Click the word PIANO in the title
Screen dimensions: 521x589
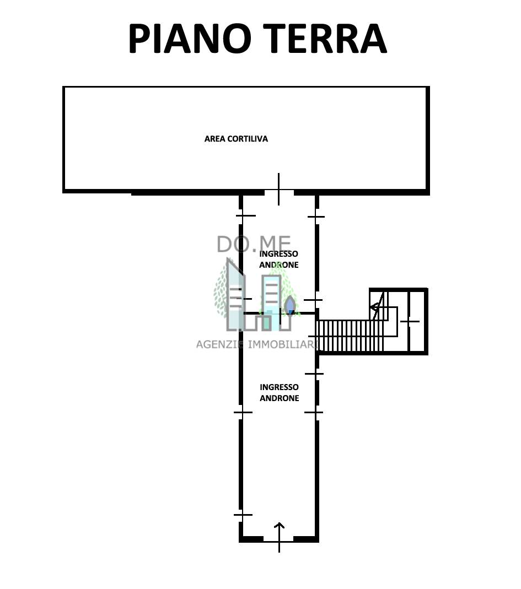pyautogui.click(x=190, y=38)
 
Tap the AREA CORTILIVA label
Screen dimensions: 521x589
pyautogui.click(x=236, y=139)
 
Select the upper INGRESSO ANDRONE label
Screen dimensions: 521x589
pyautogui.click(x=278, y=259)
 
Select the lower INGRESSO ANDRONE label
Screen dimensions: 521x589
pyautogui.click(x=280, y=392)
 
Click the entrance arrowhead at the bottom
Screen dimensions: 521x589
pyautogui.click(x=279, y=526)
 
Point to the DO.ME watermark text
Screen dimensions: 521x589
pyautogui.click(x=254, y=244)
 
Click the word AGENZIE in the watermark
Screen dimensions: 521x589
pyautogui.click(x=221, y=344)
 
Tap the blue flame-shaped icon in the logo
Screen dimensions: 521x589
pyautogui.click(x=290, y=305)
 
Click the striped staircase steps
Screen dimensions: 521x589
pyautogui.click(x=350, y=336)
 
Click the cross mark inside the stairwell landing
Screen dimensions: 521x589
pyautogui.click(x=409, y=322)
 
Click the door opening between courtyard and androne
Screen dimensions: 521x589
pyautogui.click(x=278, y=192)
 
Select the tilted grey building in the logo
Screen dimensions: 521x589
pyautogui.click(x=235, y=294)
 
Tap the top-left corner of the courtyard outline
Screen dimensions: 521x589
pyautogui.click(x=64, y=88)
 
